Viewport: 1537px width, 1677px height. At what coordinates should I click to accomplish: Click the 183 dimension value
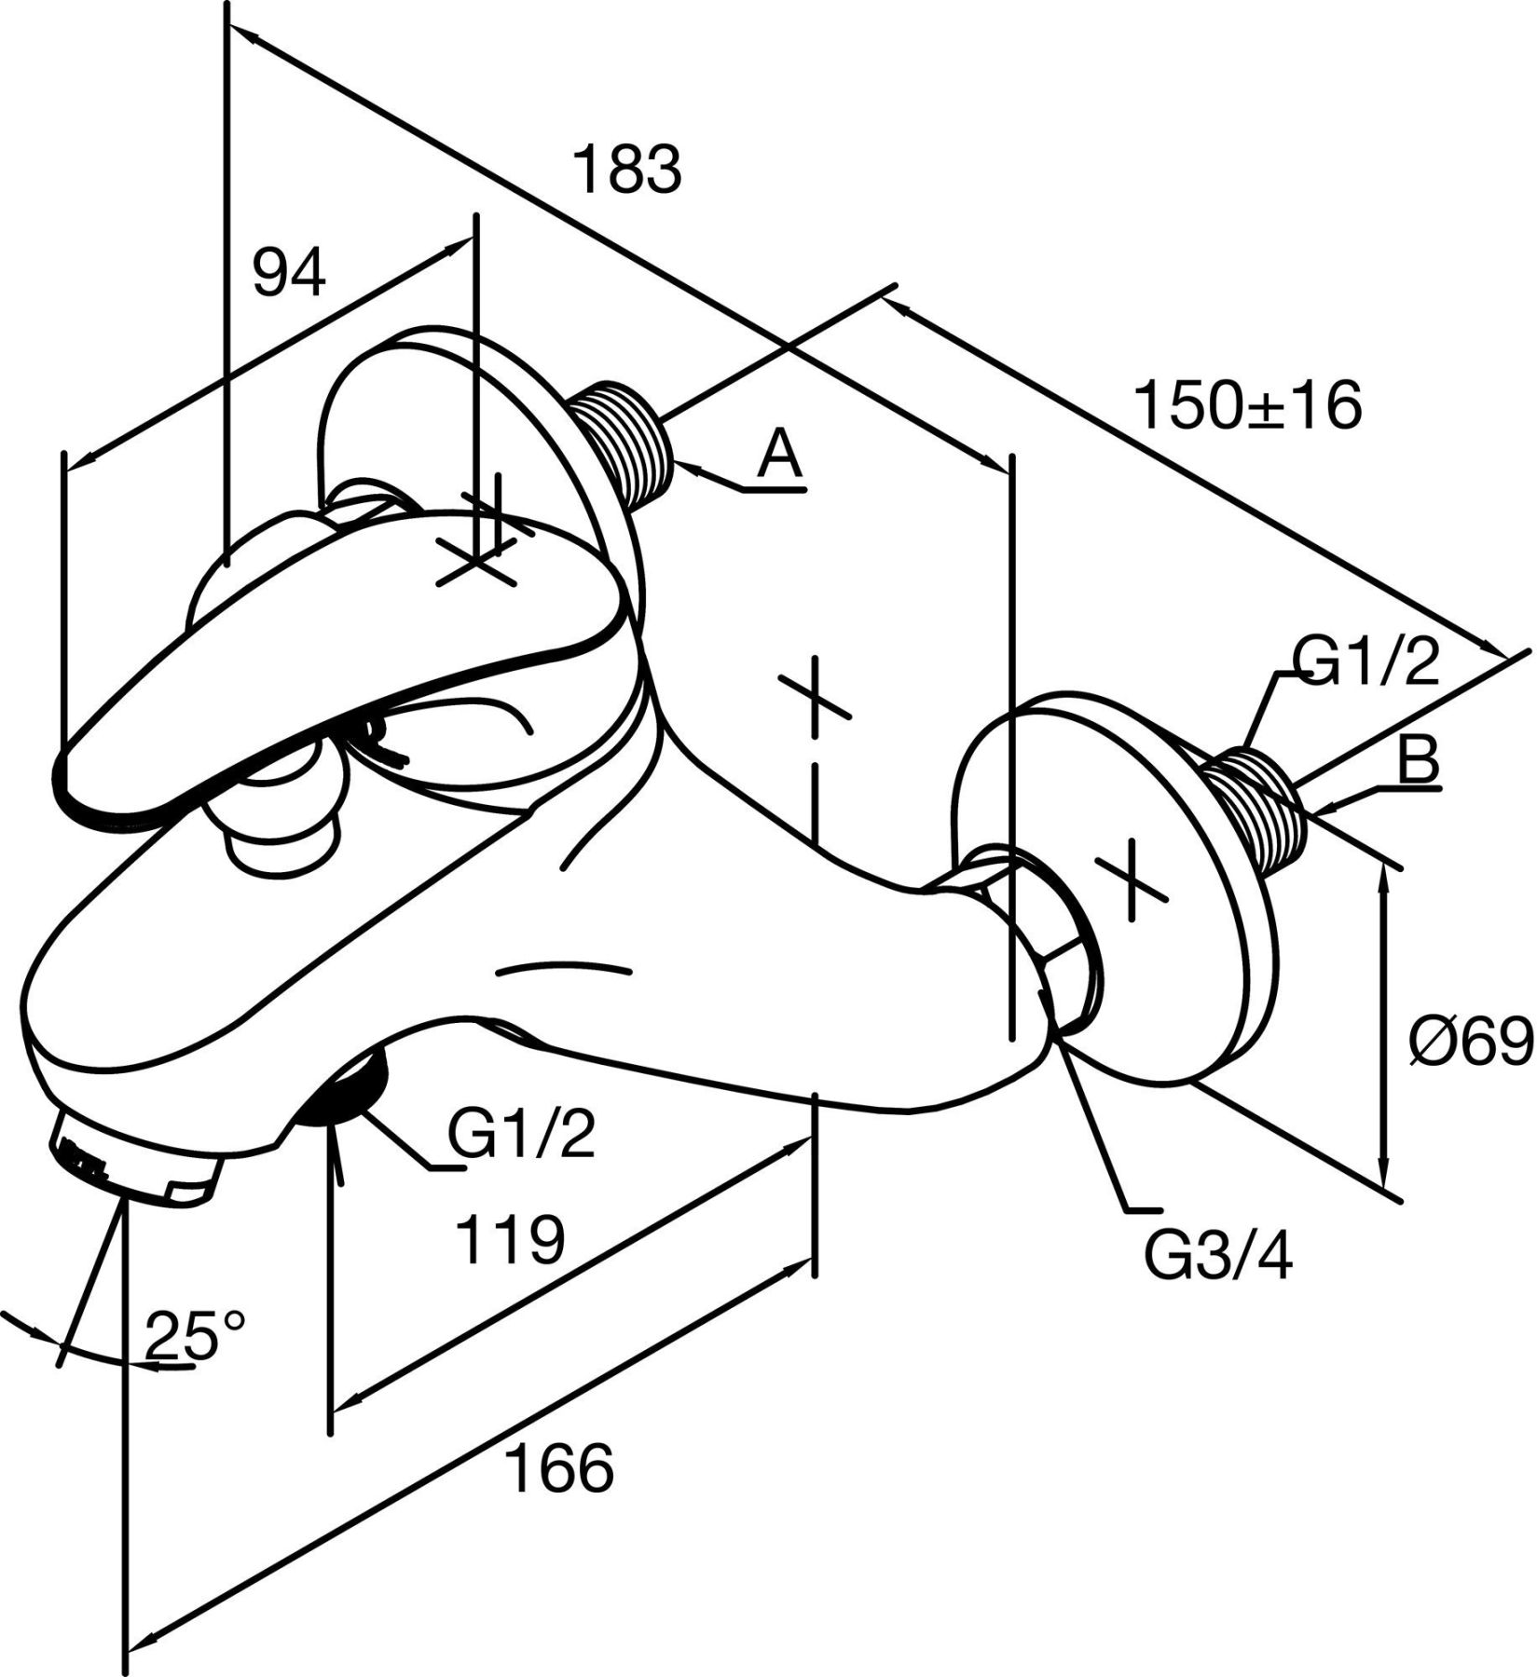tap(626, 169)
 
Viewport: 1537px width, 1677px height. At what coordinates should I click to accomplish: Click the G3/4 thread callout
tap(1218, 1258)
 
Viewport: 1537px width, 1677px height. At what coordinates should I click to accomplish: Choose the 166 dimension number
tap(560, 1467)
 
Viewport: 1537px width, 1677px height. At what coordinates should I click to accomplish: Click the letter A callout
tap(779, 456)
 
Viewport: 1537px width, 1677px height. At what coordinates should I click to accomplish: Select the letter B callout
tap(1420, 759)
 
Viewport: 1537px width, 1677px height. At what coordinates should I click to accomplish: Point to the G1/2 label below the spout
tap(521, 1134)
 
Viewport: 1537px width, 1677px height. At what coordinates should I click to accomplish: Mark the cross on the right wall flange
tap(1132, 880)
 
